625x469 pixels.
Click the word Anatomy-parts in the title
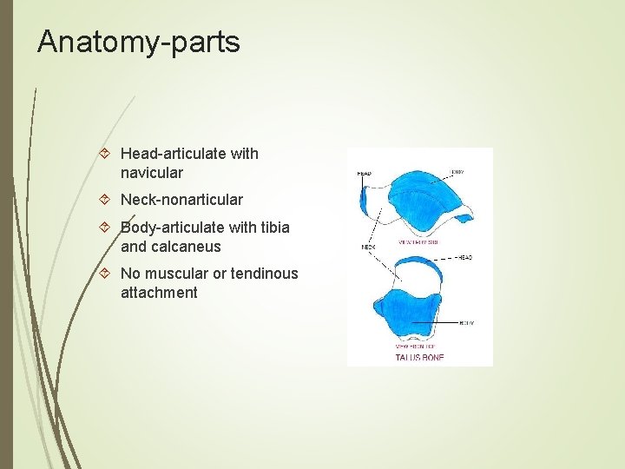[x=138, y=42]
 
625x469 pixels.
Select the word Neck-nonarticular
[x=181, y=200]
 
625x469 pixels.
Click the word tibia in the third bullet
[x=273, y=228]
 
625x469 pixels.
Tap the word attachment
[x=159, y=293]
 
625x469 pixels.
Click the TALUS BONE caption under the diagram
[x=419, y=357]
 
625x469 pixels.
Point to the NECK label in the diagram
[x=367, y=248]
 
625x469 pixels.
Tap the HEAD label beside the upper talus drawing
[x=364, y=174]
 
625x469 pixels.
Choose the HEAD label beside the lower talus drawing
[x=464, y=258]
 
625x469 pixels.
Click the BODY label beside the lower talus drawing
[x=465, y=322]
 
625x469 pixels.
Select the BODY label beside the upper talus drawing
[x=457, y=172]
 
